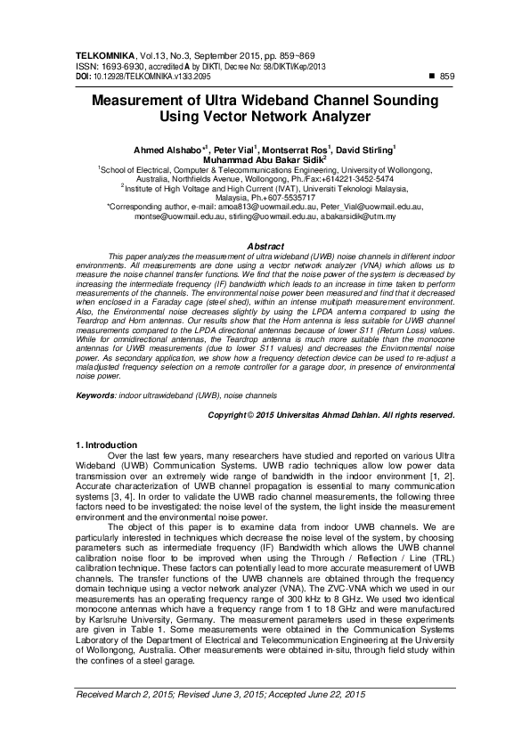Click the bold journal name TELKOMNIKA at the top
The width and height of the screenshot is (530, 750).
pyautogui.click(x=102, y=55)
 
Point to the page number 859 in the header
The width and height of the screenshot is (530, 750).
pyautogui.click(x=448, y=77)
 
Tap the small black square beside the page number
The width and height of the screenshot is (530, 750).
pyautogui.click(x=432, y=77)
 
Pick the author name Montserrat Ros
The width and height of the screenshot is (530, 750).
pyautogui.click(x=300, y=150)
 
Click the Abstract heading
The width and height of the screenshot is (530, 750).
pyautogui.click(x=265, y=245)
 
